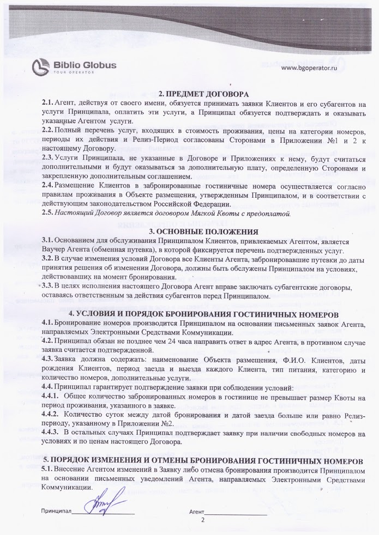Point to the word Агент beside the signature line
coord(196,513)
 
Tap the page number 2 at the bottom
coord(203,520)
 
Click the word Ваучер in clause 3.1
coord(54,250)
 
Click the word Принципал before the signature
coord(57,513)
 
